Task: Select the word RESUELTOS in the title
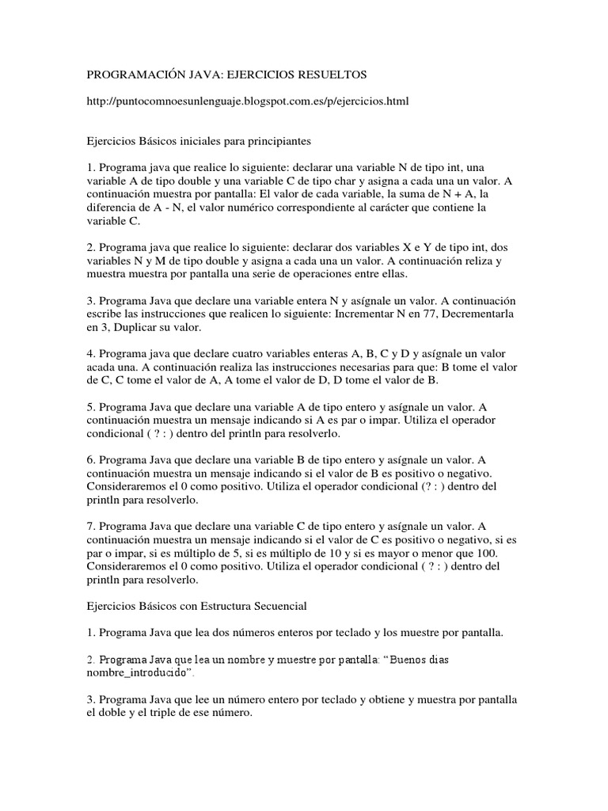click(x=329, y=74)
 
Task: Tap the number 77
click(x=482, y=314)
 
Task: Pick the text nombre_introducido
click(x=138, y=672)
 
